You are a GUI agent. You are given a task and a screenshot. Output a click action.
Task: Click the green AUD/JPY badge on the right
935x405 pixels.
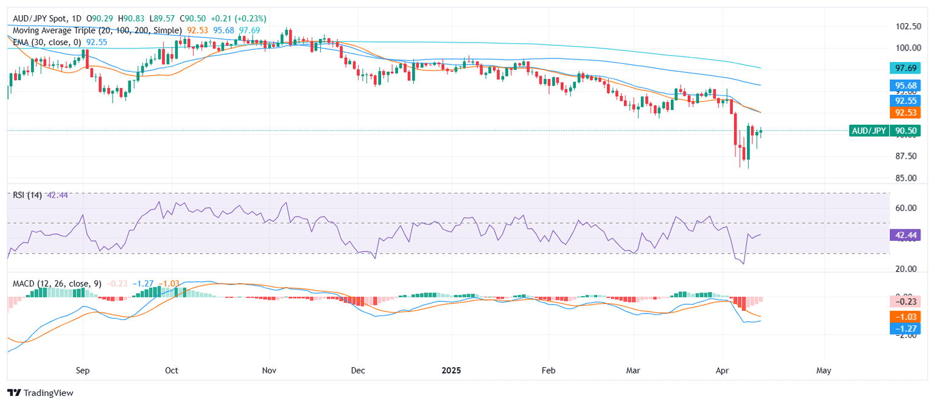click(x=869, y=130)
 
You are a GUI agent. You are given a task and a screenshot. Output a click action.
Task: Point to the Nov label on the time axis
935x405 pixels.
click(x=269, y=370)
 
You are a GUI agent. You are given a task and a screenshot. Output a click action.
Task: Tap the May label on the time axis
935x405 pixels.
click(x=824, y=370)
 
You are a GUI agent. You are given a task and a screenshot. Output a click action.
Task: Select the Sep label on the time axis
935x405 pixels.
click(x=83, y=370)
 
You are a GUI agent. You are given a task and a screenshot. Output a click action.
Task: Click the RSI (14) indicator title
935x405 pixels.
click(x=27, y=195)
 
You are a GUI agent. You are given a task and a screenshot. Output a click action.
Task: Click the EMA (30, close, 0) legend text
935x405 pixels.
click(x=47, y=41)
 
